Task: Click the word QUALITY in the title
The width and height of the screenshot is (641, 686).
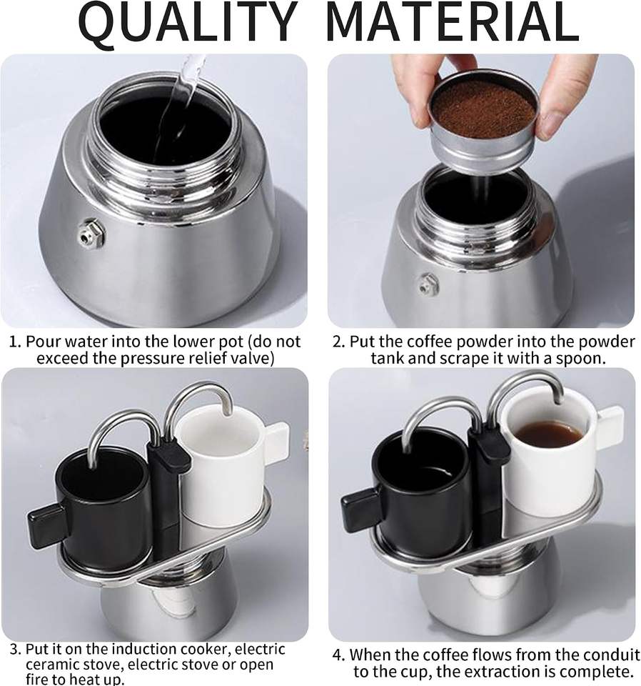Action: click(188, 23)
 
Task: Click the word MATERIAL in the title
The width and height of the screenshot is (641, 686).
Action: click(453, 22)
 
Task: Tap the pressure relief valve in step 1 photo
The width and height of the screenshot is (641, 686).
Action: click(92, 234)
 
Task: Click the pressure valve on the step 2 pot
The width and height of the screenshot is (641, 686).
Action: click(429, 284)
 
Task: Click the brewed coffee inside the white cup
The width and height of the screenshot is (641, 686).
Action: click(548, 434)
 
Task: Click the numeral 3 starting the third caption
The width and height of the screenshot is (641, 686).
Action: click(14, 650)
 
